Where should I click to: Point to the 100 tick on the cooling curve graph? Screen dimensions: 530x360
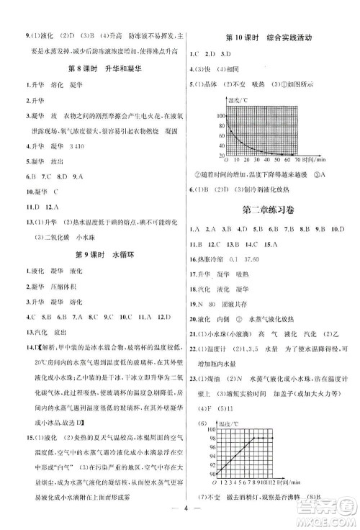[211, 114]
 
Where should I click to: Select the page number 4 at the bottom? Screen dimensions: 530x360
[179, 512]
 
